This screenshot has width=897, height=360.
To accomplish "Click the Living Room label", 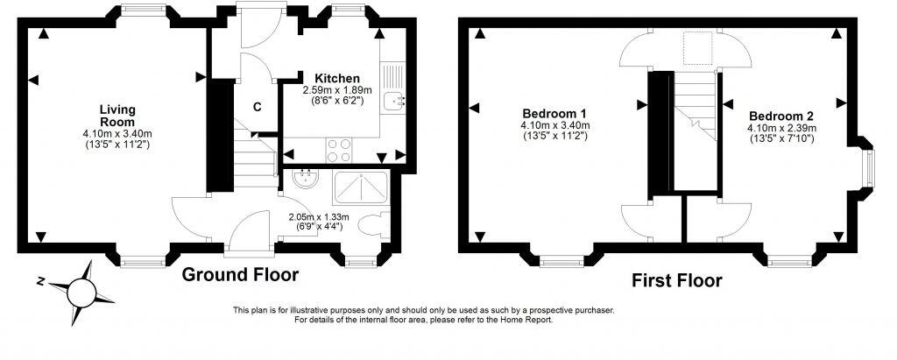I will (x=117, y=115).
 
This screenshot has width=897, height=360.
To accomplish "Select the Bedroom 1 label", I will (x=554, y=114).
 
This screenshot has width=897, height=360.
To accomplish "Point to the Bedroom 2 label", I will (x=781, y=116).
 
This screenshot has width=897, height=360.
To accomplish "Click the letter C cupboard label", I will (x=258, y=107).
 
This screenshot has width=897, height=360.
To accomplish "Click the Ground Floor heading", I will (x=240, y=275).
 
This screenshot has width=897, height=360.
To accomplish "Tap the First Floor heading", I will (x=677, y=280).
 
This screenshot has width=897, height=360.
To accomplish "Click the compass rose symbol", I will (x=80, y=289).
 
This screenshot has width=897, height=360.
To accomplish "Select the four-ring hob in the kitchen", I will (x=339, y=151).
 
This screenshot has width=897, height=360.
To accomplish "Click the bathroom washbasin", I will (x=306, y=185).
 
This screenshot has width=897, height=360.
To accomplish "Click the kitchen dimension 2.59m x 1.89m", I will (x=337, y=90).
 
